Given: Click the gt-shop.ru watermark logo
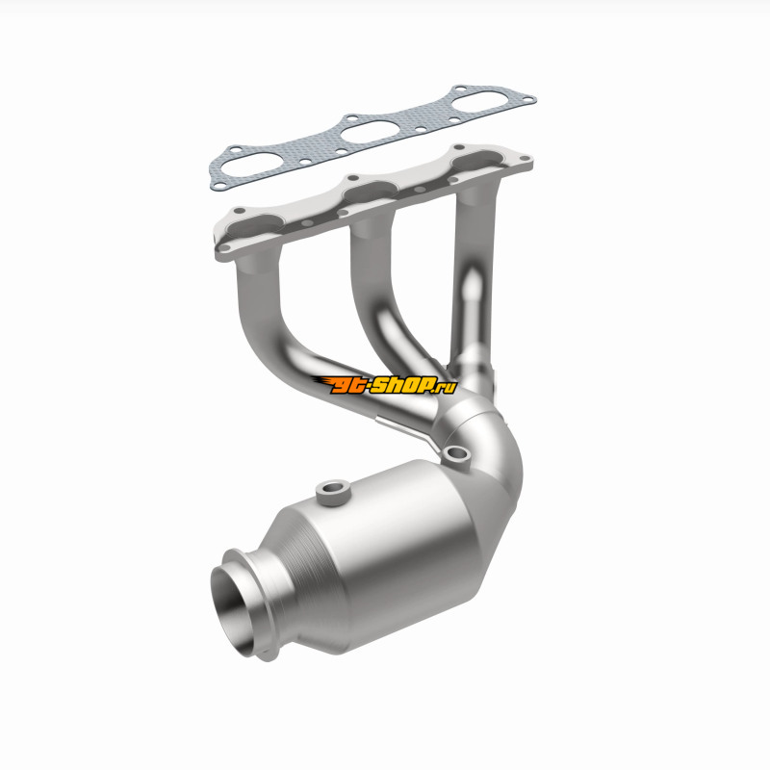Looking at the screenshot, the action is pyautogui.click(x=384, y=384).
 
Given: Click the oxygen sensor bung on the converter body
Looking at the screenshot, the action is pyautogui.click(x=332, y=493).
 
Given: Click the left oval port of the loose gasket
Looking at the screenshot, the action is pyautogui.click(x=244, y=164).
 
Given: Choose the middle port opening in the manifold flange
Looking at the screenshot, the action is pyautogui.click(x=371, y=192).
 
